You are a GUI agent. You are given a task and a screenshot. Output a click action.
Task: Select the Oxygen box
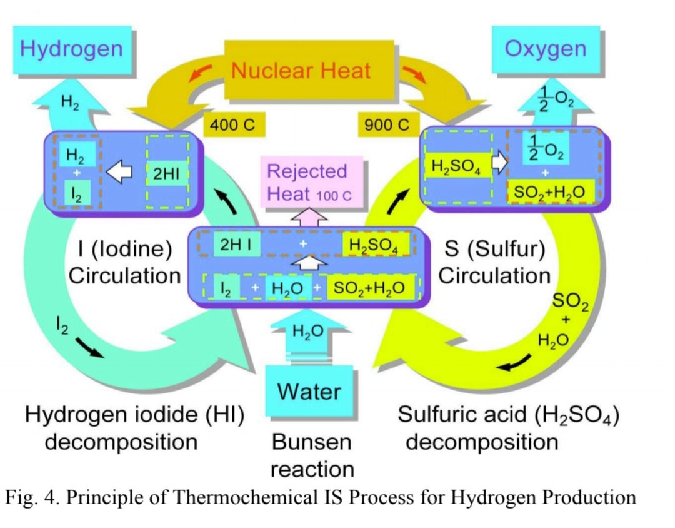coord(545,48)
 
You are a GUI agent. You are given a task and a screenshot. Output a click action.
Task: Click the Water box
coord(309,391)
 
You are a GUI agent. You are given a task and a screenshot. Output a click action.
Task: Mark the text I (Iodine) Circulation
coord(124,263)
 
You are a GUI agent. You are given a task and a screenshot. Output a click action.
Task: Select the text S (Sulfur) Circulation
coord(494,263)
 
